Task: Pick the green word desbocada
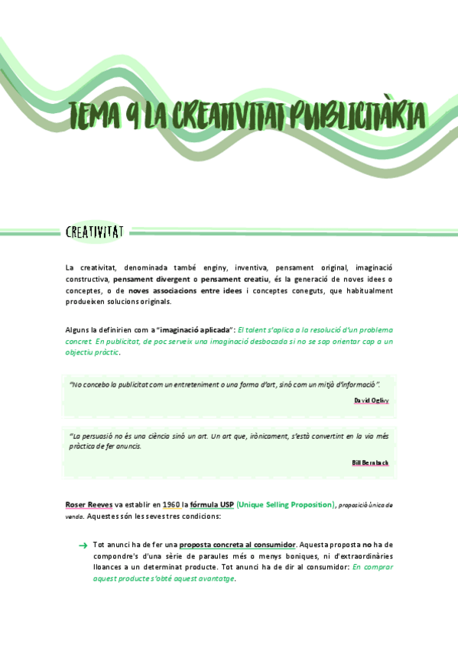(248, 341)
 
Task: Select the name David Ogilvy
(371, 400)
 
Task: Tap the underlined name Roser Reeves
(89, 504)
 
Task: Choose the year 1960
(171, 504)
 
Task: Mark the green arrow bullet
(83, 545)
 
